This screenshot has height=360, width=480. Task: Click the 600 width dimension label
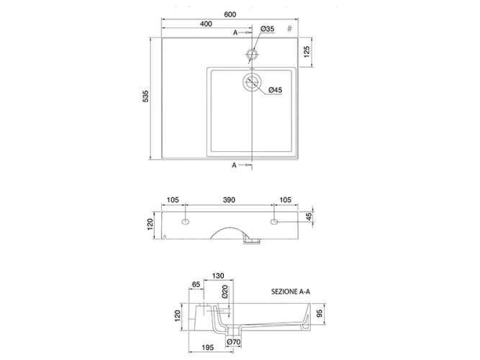pos(230,14)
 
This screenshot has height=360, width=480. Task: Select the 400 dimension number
pos(206,24)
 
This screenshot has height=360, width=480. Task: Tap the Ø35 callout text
pos(267,29)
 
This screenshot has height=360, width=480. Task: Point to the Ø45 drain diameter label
pos(275,90)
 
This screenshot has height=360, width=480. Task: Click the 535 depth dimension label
pos(145,96)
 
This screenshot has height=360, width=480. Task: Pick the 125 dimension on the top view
pos(307,52)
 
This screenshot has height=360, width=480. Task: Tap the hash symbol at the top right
pos(289,29)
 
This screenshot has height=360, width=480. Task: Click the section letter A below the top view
pos(234,166)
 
